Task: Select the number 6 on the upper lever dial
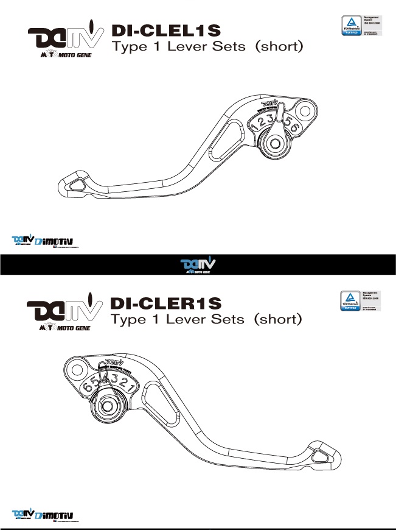[295, 128]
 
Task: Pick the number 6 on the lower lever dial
[88, 387]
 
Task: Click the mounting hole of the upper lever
[307, 112]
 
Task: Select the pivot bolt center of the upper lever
[274, 144]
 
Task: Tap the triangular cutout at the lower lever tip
[319, 455]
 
